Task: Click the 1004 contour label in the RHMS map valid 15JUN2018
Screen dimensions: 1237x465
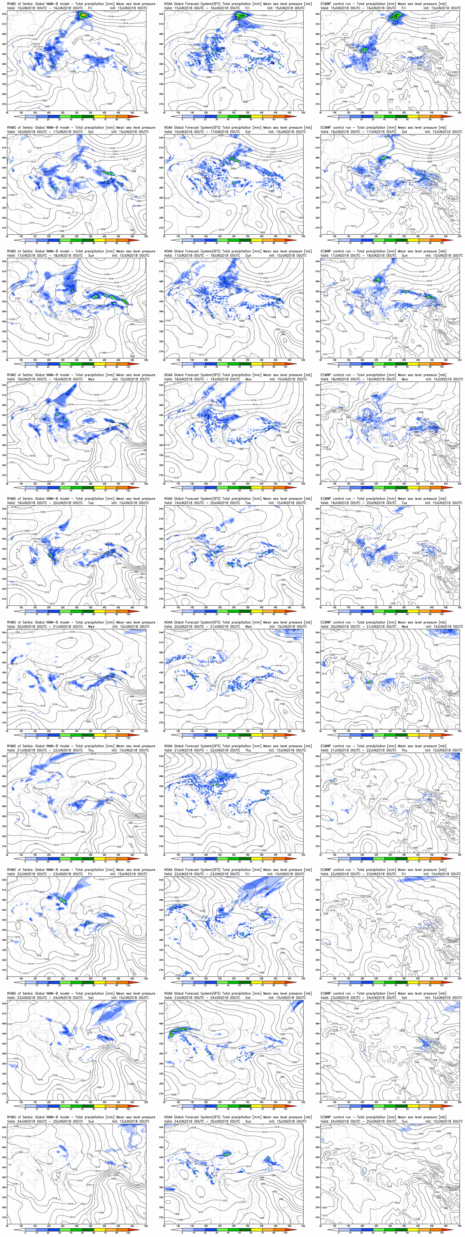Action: (x=110, y=103)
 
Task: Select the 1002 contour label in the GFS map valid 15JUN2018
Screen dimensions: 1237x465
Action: (x=280, y=87)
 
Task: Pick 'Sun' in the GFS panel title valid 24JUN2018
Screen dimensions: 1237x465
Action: (x=248, y=1121)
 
